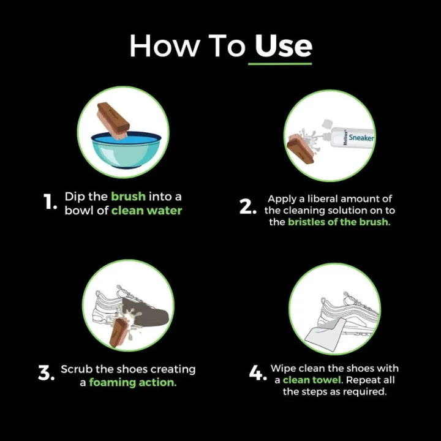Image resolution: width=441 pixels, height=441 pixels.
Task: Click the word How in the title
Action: click(x=165, y=46)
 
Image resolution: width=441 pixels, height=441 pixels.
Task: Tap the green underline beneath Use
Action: click(x=280, y=64)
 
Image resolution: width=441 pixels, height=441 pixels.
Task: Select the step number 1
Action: click(x=50, y=202)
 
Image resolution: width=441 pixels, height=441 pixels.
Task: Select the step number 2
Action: click(x=248, y=206)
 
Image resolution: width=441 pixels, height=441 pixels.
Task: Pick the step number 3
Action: click(x=46, y=372)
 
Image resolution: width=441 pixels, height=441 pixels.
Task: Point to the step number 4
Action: click(x=258, y=372)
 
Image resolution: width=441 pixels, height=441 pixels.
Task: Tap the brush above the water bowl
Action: click(x=113, y=121)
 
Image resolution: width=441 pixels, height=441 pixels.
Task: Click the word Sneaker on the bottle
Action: click(x=361, y=138)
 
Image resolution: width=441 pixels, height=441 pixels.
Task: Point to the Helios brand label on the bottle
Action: click(x=345, y=138)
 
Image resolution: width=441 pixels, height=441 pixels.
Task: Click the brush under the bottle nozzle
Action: click(x=300, y=148)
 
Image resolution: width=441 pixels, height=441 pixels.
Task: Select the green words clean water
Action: click(x=146, y=210)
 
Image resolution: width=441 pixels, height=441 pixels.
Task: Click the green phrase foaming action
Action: click(x=133, y=382)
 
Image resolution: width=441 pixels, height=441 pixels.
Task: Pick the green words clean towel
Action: click(x=312, y=380)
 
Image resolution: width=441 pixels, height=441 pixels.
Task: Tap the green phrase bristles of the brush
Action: click(x=339, y=222)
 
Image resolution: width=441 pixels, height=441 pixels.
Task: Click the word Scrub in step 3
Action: click(x=77, y=369)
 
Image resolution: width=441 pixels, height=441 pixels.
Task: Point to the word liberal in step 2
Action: click(x=323, y=199)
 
